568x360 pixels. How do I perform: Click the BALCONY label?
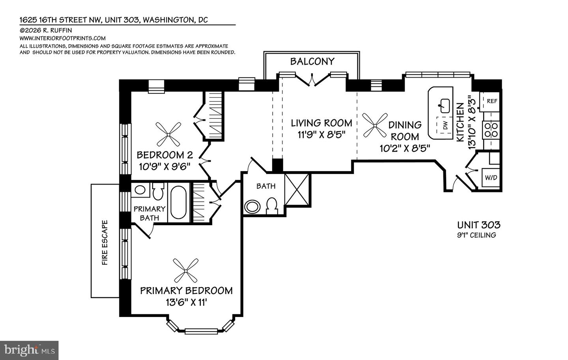pyautogui.click(x=312, y=62)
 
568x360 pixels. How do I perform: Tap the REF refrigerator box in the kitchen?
pyautogui.click(x=491, y=101)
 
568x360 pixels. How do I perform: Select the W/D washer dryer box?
pyautogui.click(x=491, y=178)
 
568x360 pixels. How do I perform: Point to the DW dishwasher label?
pyautogui.click(x=446, y=125)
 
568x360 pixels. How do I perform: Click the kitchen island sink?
pyautogui.click(x=445, y=106)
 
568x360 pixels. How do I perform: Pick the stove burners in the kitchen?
pyautogui.click(x=491, y=130)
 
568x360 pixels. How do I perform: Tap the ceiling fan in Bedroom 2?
pyautogui.click(x=168, y=134)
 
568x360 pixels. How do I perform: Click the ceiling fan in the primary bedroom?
pyautogui.click(x=186, y=271)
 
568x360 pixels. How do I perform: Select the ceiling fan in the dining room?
pyautogui.click(x=375, y=125)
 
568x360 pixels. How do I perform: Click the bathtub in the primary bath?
pyautogui.click(x=179, y=202)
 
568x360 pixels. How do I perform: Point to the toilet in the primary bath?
pyautogui.click(x=158, y=191)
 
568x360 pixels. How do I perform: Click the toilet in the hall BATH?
pyautogui.click(x=272, y=205)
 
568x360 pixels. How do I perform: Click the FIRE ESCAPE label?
pyautogui.click(x=105, y=242)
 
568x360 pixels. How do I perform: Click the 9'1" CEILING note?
pyautogui.click(x=476, y=235)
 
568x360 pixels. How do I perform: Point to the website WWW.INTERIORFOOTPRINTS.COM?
pyautogui.click(x=63, y=38)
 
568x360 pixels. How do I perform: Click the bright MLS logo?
pyautogui.click(x=29, y=351)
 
